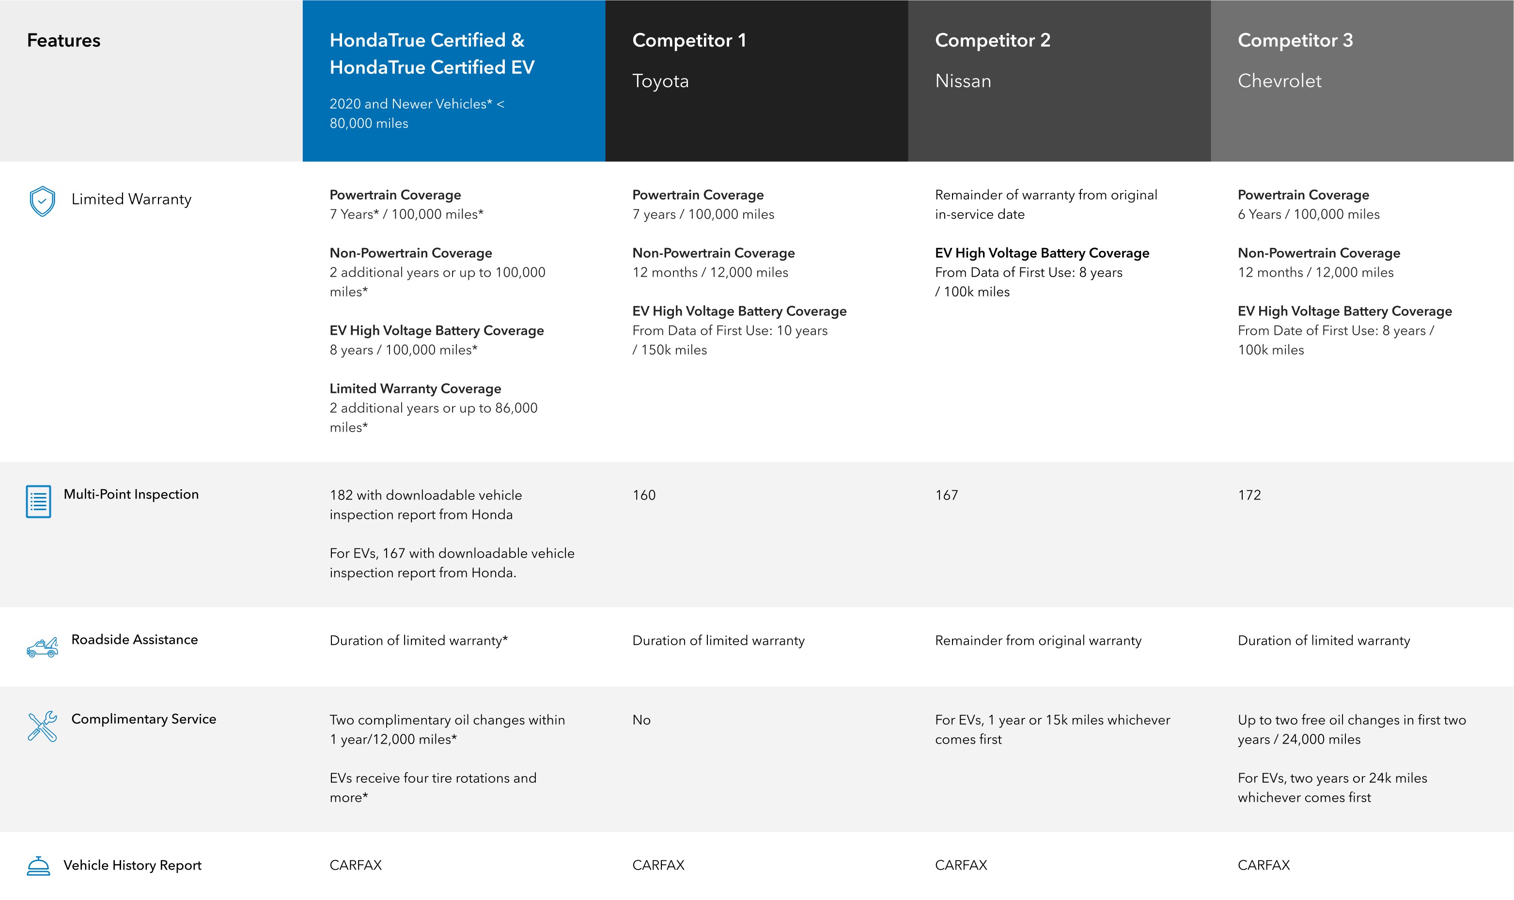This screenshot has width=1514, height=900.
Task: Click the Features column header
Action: tap(63, 41)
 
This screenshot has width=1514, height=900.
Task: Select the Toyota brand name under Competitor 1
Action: tap(660, 81)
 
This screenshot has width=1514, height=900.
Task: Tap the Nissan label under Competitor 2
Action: tap(963, 81)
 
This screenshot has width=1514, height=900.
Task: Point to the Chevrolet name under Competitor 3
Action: tap(1279, 81)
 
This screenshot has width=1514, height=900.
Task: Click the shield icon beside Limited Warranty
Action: tap(42, 201)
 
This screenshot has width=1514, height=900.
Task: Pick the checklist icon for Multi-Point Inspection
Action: tap(38, 501)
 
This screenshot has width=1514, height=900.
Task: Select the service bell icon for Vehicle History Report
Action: tap(38, 866)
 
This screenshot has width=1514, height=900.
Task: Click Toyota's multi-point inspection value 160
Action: tap(643, 495)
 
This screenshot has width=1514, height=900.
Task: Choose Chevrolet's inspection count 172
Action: tap(1249, 495)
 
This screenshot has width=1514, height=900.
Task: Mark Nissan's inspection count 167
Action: tap(946, 495)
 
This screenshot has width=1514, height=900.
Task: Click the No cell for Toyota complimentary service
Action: tap(641, 720)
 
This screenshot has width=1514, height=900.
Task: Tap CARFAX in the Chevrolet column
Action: tap(1264, 865)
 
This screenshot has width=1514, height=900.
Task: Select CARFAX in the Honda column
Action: tap(356, 865)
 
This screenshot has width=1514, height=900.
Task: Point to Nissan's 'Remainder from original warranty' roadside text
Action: tap(1038, 640)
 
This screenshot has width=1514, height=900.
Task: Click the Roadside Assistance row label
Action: tap(134, 639)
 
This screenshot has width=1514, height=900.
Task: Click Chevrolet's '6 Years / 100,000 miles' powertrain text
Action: tap(1309, 214)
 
